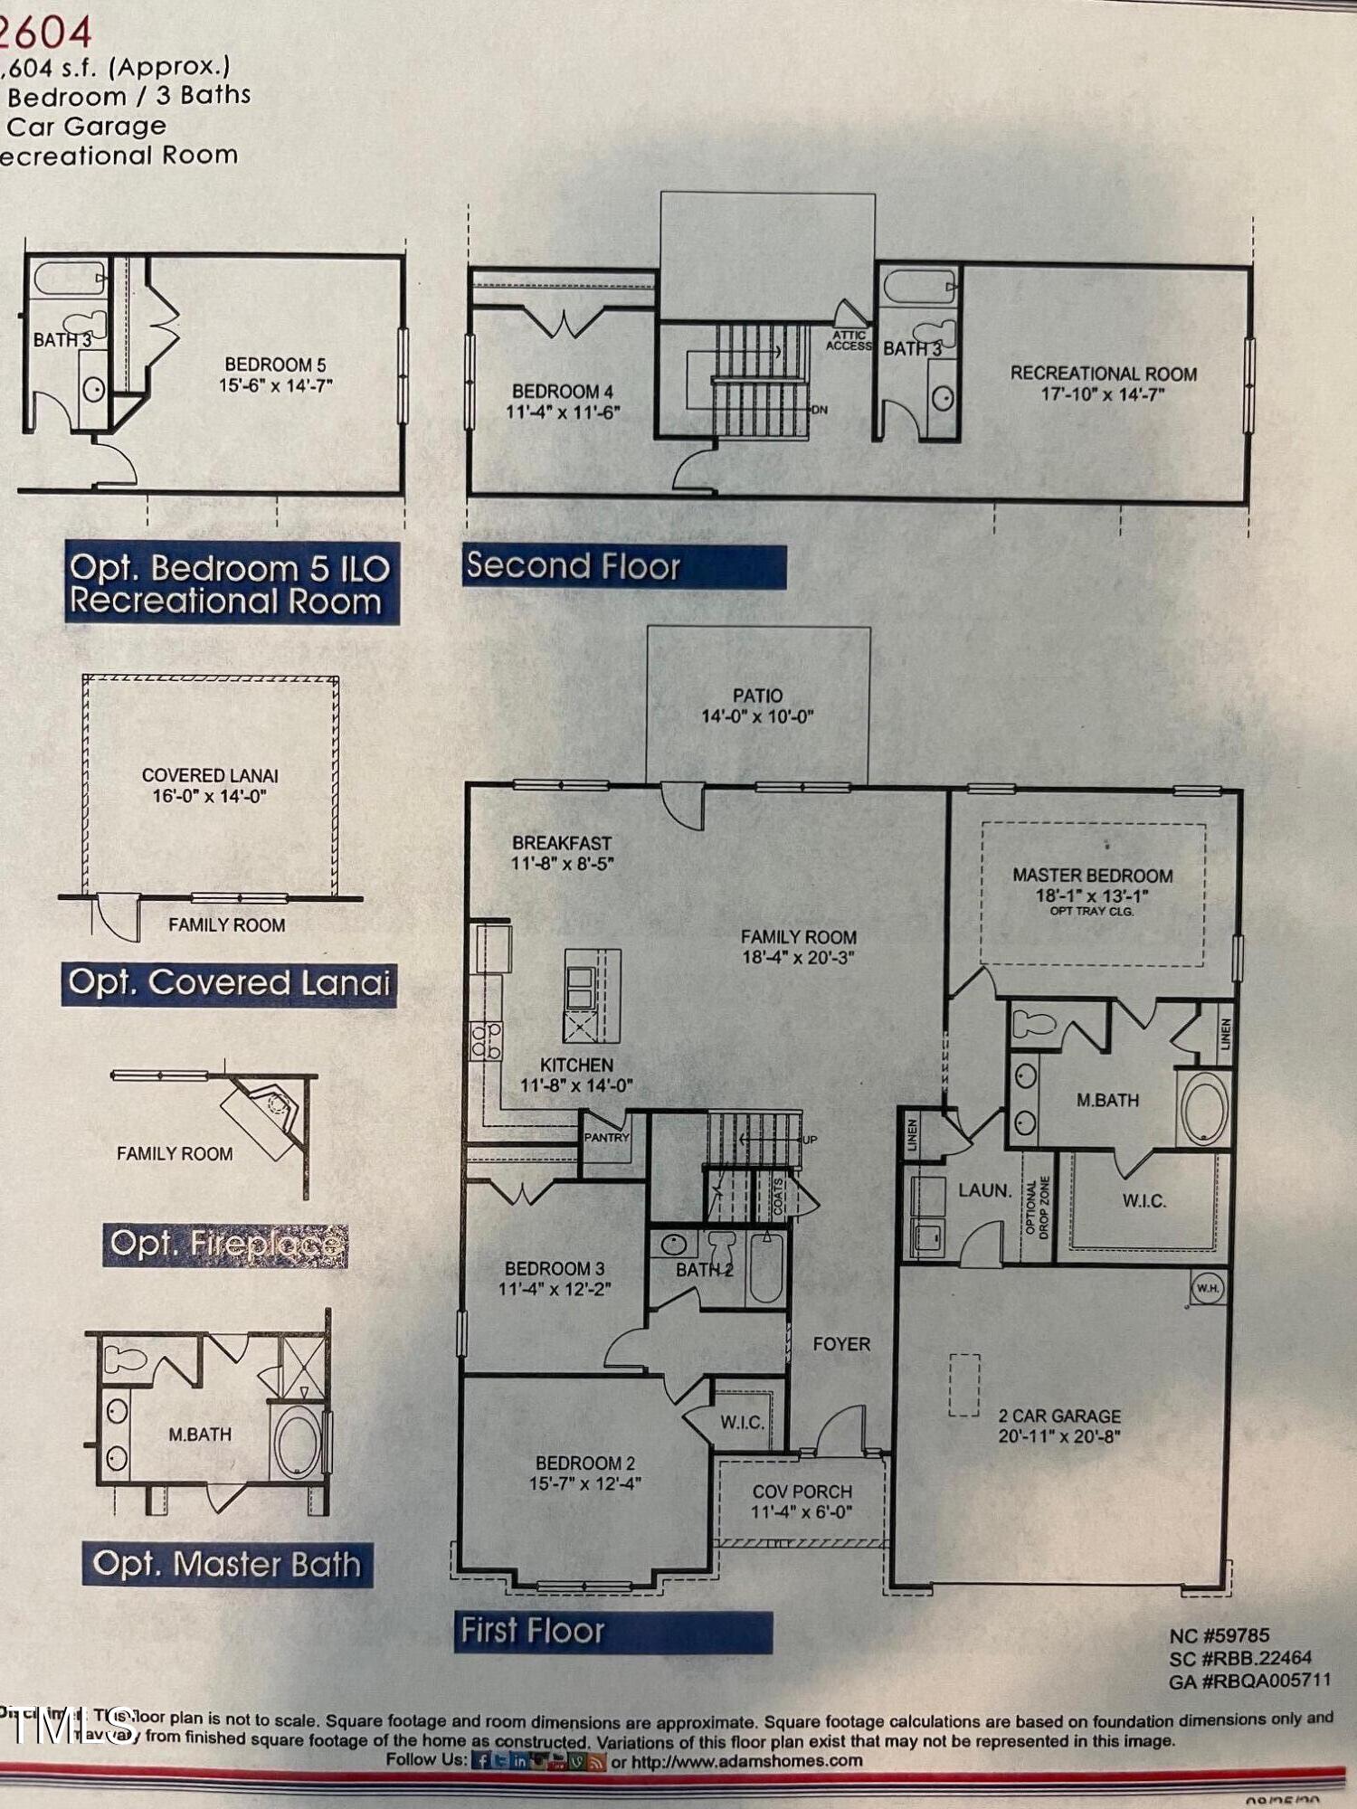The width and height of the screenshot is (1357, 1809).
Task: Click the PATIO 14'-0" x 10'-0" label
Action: point(757,706)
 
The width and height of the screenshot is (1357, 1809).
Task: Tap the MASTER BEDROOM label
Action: point(1092,876)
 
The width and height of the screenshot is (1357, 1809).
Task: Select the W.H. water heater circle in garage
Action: point(1207,1288)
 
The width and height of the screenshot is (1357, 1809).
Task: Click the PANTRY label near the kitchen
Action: point(606,1137)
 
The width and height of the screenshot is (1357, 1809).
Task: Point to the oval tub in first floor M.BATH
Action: point(1205,1109)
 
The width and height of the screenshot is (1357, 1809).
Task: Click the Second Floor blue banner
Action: point(623,566)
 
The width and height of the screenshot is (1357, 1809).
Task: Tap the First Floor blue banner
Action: point(612,1631)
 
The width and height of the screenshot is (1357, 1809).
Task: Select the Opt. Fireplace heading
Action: point(225,1244)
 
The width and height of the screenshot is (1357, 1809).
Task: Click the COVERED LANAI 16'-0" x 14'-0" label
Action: point(210,785)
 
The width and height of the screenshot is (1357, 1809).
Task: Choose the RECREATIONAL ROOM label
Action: point(1103,383)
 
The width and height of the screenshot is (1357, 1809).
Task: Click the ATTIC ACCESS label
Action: point(849,340)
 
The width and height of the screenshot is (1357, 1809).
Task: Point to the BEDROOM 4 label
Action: point(563,401)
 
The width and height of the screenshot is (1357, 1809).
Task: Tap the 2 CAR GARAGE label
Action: point(1059,1425)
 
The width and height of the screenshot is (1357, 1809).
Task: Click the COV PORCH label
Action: point(802,1501)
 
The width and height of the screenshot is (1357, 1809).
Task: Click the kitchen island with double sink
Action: point(593,995)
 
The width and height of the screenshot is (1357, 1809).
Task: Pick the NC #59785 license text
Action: point(1219,1635)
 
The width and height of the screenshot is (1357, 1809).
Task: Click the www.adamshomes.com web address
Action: point(746,1761)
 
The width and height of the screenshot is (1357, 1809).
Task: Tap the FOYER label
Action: point(840,1345)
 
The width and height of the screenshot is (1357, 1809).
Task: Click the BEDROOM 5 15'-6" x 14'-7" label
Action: point(275,374)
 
